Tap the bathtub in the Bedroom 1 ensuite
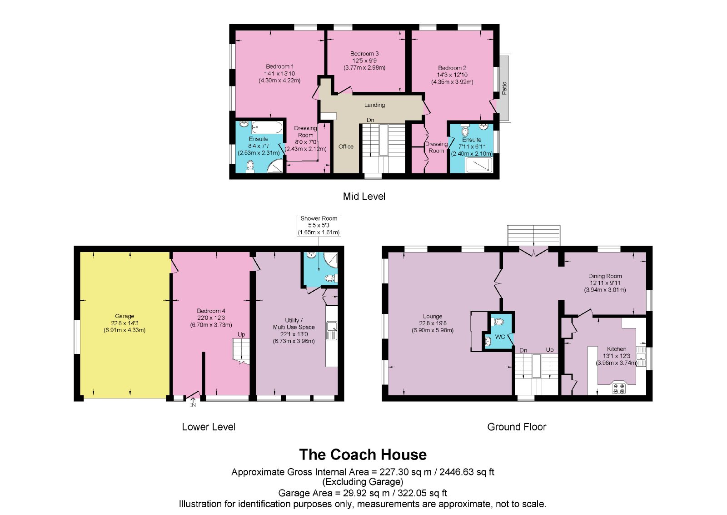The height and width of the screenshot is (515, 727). click(x=267, y=127)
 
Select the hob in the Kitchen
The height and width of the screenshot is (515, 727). click(x=618, y=389)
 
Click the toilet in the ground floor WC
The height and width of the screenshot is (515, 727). click(x=497, y=322)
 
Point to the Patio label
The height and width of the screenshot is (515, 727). click(x=504, y=88)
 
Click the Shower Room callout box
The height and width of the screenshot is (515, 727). click(x=319, y=226)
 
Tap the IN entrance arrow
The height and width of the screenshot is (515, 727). click(x=193, y=402)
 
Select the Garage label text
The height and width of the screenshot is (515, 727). click(x=124, y=316)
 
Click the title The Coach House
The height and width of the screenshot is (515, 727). click(x=363, y=454)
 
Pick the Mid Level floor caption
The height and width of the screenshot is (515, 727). click(x=364, y=196)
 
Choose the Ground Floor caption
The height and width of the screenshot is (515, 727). click(x=517, y=427)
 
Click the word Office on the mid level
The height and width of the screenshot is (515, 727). click(x=346, y=146)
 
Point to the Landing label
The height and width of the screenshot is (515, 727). click(x=374, y=105)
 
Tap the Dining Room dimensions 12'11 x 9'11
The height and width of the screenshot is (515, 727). click(x=605, y=283)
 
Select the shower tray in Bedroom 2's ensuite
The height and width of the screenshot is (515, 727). click(x=479, y=165)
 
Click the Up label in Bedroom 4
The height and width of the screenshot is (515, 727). click(x=241, y=335)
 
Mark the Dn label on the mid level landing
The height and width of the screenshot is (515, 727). click(x=370, y=120)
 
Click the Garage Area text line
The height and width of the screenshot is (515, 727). click(x=363, y=493)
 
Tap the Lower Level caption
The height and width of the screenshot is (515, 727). click(x=209, y=427)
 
